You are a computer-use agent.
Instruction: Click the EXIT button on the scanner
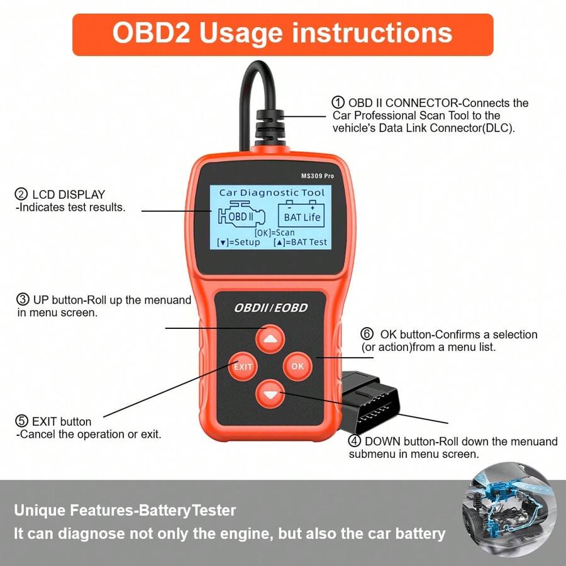click(x=243, y=367)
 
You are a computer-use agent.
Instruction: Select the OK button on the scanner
click(x=297, y=366)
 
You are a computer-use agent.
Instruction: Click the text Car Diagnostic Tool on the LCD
click(x=271, y=193)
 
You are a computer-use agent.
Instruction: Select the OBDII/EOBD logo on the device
click(x=270, y=308)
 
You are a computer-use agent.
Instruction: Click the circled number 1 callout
click(x=338, y=103)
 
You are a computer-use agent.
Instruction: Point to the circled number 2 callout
click(x=21, y=194)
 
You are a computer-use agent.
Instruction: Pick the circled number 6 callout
click(x=367, y=334)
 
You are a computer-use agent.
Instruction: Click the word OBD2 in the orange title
click(x=151, y=33)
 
